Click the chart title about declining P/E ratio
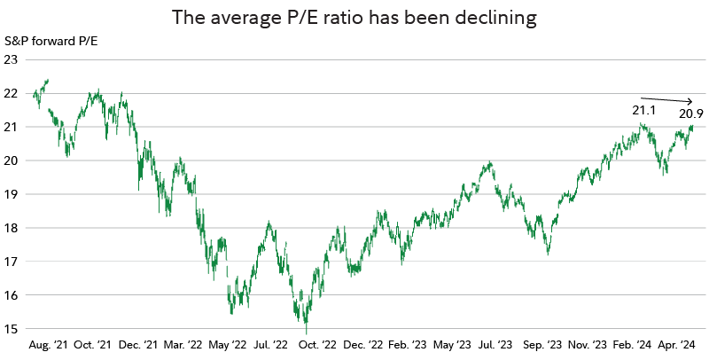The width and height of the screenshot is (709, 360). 354,17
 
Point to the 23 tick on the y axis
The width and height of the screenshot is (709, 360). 12,59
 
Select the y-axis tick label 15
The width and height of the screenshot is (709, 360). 12,328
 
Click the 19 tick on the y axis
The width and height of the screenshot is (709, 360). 12,194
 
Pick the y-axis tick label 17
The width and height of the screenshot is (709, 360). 12,262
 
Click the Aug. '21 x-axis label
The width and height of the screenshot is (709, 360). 49,343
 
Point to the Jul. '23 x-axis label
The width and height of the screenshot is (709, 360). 494,343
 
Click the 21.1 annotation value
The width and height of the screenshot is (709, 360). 644,111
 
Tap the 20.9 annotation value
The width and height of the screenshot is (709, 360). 691,113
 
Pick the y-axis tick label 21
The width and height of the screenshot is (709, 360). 12,127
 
